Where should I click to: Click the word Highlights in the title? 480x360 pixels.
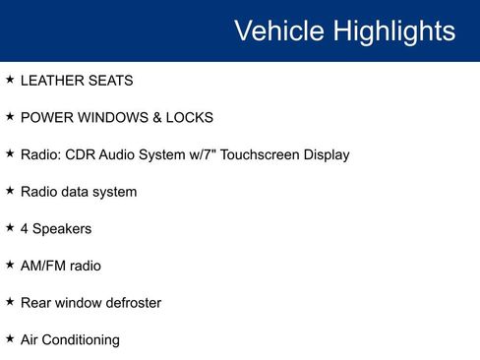coord(393,30)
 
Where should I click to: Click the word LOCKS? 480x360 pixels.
coord(191,118)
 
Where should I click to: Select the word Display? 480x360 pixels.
coord(325,154)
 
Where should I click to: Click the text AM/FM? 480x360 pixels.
coord(41,266)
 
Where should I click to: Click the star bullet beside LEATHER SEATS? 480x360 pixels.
coord(10,80)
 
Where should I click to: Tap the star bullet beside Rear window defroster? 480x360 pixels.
coord(10,302)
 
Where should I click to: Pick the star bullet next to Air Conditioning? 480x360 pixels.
coord(10,338)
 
